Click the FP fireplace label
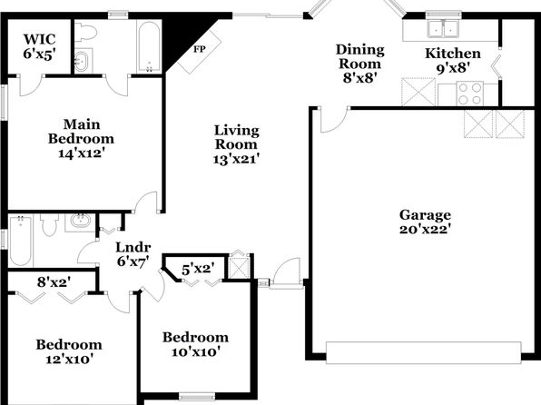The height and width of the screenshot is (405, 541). (x=200, y=49)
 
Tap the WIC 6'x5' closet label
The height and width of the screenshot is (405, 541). (x=39, y=46)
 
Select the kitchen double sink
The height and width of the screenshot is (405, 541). (x=443, y=28)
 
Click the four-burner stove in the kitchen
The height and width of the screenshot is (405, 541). (x=469, y=94)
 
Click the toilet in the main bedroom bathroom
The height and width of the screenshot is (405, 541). (x=85, y=32)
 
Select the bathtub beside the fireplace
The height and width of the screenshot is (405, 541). (x=149, y=46)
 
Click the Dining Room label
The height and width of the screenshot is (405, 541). (x=359, y=56)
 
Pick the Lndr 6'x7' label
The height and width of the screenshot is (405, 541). (x=133, y=254)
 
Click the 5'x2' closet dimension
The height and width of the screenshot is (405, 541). (x=198, y=268)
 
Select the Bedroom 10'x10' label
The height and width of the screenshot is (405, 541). (x=196, y=344)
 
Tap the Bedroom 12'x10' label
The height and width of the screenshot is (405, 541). (x=69, y=351)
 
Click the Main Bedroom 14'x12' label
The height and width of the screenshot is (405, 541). (x=81, y=138)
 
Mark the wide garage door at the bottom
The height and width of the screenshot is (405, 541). (x=423, y=352)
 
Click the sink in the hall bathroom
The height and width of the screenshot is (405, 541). (x=81, y=221)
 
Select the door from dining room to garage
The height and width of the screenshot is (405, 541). (x=334, y=120)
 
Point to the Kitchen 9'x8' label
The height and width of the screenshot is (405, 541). (x=453, y=61)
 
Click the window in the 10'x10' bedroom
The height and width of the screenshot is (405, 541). (x=197, y=397)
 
